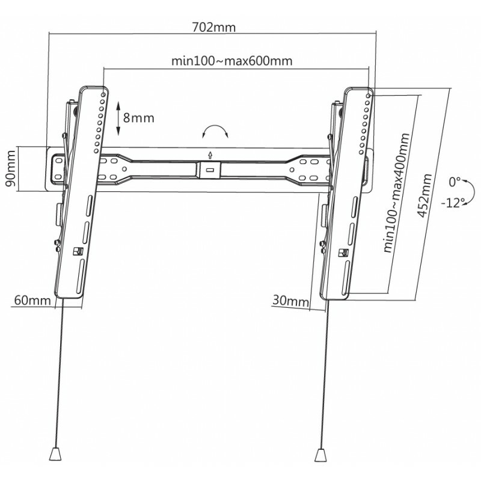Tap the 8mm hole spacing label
138,117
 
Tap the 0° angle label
456,180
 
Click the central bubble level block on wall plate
209,169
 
